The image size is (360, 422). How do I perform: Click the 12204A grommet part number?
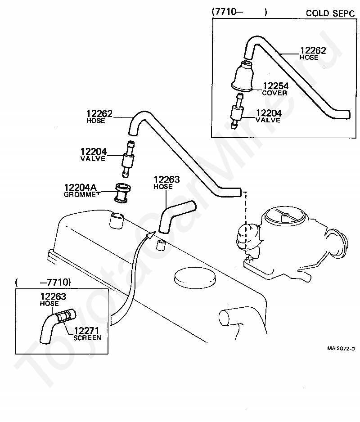pos(80,187)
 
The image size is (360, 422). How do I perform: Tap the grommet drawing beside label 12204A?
pos(123,193)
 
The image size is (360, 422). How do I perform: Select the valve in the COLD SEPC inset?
pos(237,111)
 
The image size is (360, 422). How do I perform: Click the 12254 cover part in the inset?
pos(243,76)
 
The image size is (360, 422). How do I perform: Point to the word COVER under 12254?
pos(274,93)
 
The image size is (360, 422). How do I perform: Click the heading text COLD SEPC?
pos(330,13)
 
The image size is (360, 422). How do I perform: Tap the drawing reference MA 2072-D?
pos(341,348)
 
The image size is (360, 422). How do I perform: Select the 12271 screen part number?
pos(86,331)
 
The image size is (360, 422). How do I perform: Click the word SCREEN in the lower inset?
pos(87,338)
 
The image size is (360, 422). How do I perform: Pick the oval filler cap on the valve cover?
pos(195,277)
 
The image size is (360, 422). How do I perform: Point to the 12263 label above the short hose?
pos(166,179)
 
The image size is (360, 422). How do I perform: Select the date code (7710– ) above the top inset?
pos(240,12)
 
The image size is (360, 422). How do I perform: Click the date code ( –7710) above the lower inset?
pos(43,283)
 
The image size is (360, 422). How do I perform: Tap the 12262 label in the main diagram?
pos(99,113)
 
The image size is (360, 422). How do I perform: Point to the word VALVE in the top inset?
pos(268,120)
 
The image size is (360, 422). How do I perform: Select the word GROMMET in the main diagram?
pos(82,194)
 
